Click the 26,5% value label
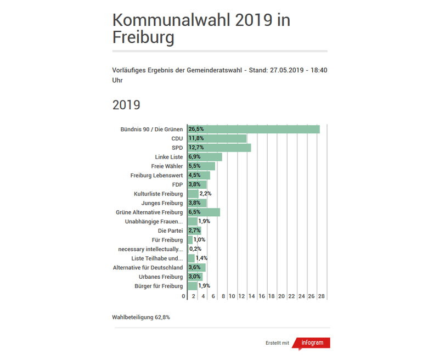click(x=196, y=130)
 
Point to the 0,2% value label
click(x=195, y=249)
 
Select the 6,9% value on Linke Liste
click(x=195, y=157)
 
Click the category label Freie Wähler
click(x=167, y=166)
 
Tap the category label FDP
click(x=177, y=184)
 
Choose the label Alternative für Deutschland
click(x=148, y=268)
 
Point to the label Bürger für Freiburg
click(x=159, y=286)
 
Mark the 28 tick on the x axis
click(x=322, y=296)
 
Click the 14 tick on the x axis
click(x=252, y=296)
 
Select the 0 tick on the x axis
click(x=184, y=296)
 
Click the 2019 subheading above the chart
click(x=126, y=104)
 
